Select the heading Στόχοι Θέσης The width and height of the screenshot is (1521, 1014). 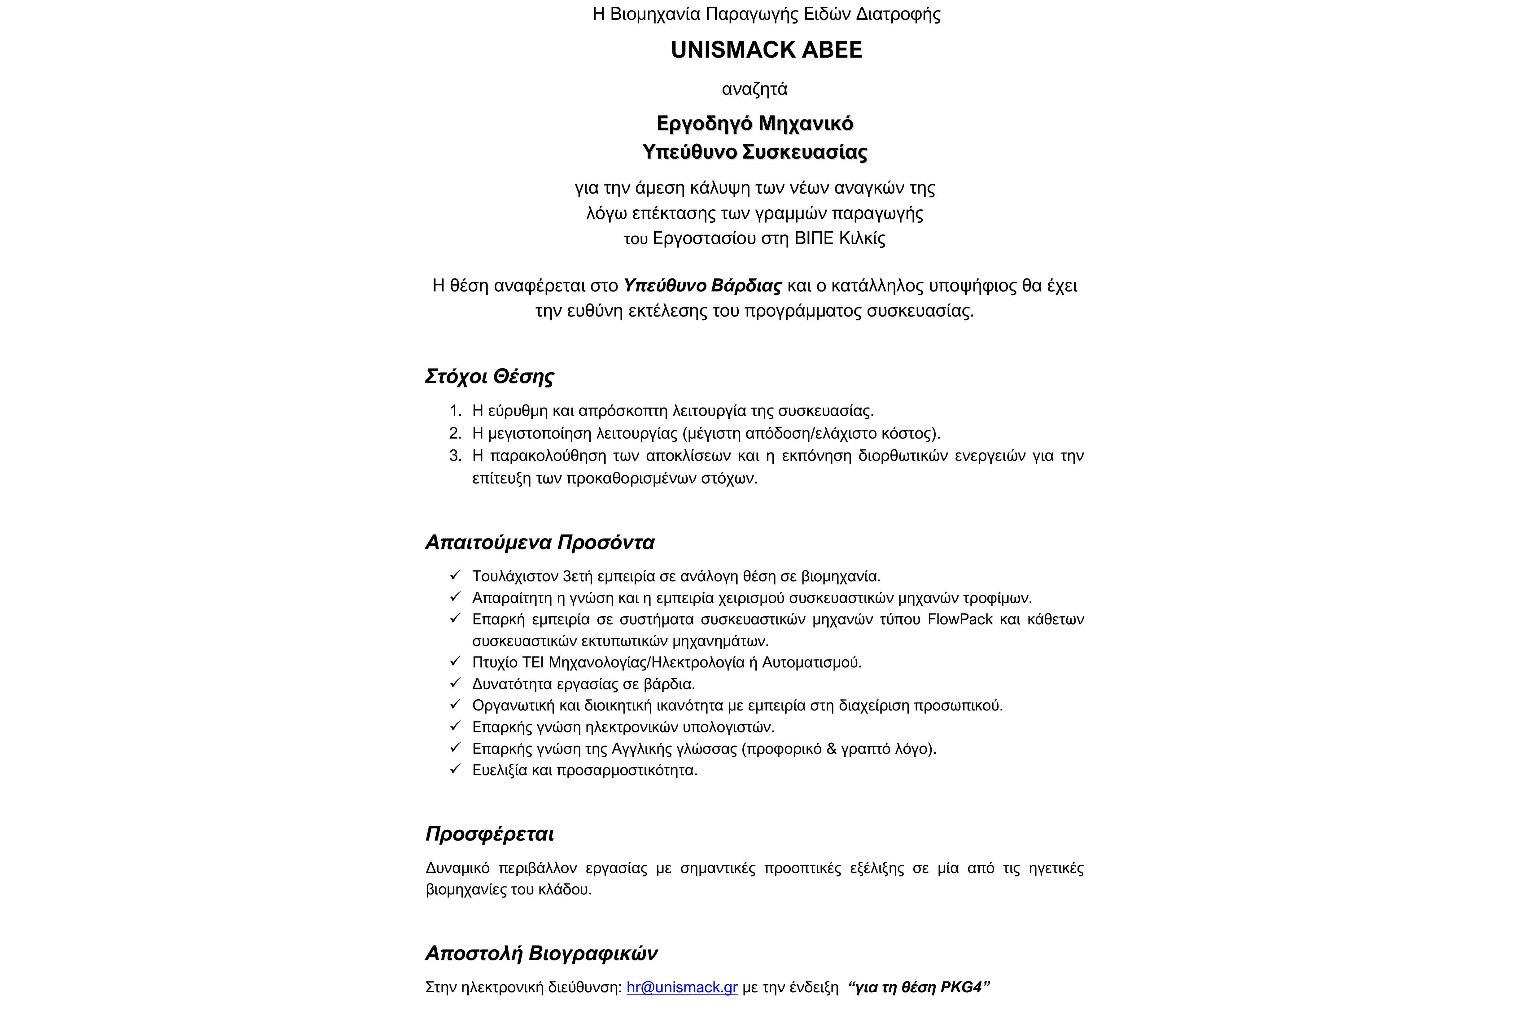[x=490, y=376]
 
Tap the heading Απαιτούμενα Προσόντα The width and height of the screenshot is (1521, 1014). [x=540, y=542]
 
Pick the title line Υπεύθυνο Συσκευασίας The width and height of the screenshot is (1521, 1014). [x=755, y=152]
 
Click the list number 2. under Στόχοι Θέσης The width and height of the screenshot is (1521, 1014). [x=455, y=433]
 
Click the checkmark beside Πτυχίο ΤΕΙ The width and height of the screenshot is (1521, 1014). [x=455, y=662]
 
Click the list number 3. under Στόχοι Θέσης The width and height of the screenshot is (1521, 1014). [x=455, y=456]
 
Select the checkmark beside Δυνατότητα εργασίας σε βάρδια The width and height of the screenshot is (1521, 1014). [x=455, y=683]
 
